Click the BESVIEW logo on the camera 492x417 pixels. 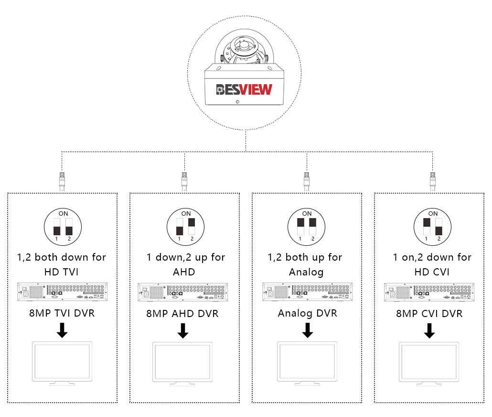[x=244, y=89]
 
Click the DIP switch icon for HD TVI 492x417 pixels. [x=63, y=227]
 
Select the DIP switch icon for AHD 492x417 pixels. [x=185, y=227]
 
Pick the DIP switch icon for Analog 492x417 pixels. [x=307, y=227]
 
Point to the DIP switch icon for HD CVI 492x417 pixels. [x=433, y=227]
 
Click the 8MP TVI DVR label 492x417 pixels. [x=62, y=313]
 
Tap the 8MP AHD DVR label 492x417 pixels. [x=182, y=314]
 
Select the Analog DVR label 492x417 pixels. [x=308, y=313]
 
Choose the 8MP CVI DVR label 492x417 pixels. [x=429, y=314]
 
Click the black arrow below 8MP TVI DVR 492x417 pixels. [x=62, y=330]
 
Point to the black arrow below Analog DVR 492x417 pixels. [x=308, y=330]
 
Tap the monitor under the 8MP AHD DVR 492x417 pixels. [x=182, y=364]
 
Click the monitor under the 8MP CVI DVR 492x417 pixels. [x=429, y=364]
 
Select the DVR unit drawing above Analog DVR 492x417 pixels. [x=308, y=292]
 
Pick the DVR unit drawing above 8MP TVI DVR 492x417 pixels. [x=63, y=292]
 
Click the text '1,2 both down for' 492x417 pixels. [x=62, y=257]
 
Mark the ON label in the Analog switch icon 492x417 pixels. [x=307, y=214]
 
